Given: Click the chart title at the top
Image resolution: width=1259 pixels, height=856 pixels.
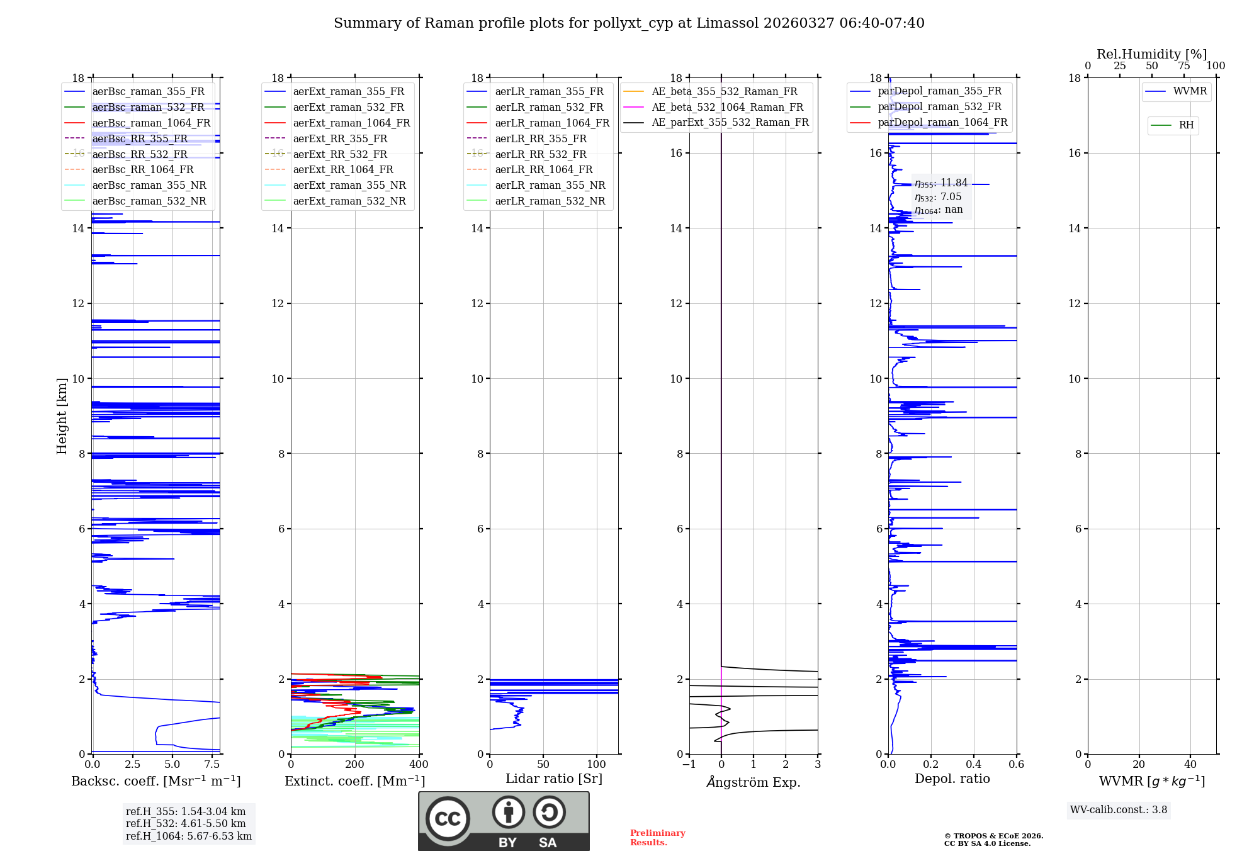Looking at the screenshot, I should [629, 23].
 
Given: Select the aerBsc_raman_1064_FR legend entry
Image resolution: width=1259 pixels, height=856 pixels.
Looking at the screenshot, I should [151, 123].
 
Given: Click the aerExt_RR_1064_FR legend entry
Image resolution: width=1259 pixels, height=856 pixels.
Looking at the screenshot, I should [343, 170].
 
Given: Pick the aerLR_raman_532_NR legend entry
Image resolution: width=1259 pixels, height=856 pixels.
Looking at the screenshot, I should [550, 201].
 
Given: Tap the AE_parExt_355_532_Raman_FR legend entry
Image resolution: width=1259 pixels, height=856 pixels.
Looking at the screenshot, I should [730, 123].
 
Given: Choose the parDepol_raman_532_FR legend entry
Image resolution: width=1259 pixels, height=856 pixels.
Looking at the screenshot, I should [939, 107].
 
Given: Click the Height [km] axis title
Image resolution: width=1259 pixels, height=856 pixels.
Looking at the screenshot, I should [62, 415].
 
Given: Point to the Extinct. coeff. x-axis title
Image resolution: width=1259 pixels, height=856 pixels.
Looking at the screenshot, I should [354, 781].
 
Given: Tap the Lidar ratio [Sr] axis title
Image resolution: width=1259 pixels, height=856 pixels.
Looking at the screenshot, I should [553, 779].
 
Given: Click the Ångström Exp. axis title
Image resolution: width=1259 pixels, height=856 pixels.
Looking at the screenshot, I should [753, 782].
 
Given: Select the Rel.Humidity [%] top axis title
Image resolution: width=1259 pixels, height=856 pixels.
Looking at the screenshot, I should [1151, 54].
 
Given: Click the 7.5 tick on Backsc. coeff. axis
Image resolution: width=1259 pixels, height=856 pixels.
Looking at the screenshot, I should [212, 765].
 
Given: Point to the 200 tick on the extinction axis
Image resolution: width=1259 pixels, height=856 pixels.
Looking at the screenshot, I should [354, 765].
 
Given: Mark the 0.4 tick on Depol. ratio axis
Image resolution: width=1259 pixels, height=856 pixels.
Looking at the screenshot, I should [973, 765].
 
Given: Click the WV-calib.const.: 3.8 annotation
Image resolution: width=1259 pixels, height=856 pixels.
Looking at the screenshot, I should [1118, 810].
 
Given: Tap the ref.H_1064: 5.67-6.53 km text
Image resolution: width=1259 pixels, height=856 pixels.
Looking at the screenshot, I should [188, 836].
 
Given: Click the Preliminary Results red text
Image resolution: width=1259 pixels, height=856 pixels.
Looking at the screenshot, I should [657, 838].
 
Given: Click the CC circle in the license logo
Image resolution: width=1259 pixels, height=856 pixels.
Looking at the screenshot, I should [448, 819].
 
